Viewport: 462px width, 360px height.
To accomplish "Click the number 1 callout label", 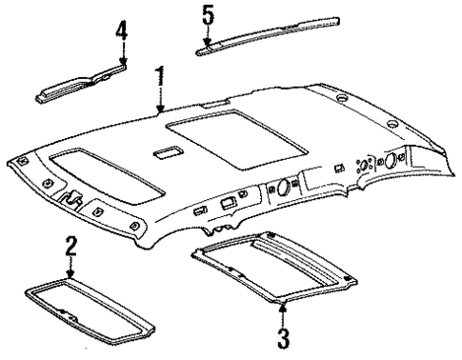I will (160, 73).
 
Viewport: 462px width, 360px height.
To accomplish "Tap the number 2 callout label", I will (70, 244).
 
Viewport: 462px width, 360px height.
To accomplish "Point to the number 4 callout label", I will (120, 30).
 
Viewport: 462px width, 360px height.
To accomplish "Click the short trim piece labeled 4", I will (82, 83).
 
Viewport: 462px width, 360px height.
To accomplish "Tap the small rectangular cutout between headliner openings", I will (164, 152).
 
